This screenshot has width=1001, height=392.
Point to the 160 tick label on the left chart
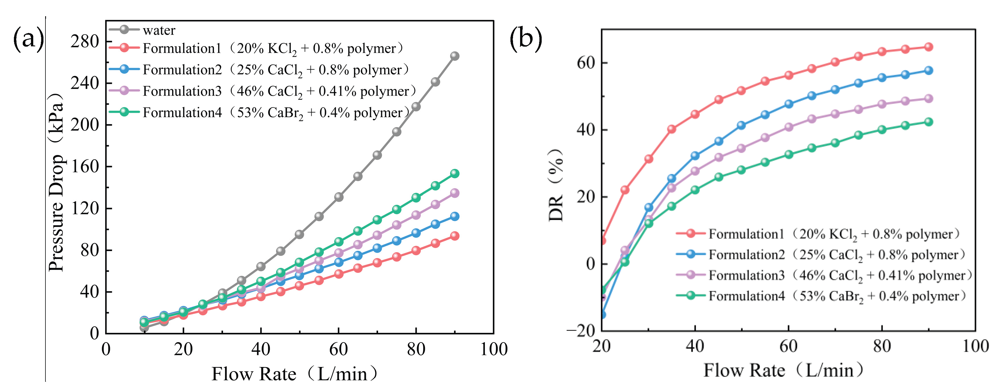tap(85, 167)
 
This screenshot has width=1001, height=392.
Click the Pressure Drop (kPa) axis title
tap(56, 182)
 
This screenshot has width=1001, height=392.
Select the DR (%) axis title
tap(556, 185)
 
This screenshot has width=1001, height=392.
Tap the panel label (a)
tap(28, 39)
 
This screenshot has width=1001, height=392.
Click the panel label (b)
tap(525, 39)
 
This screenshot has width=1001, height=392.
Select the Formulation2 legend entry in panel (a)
tap(259, 70)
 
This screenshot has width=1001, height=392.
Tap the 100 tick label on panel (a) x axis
tap(493, 349)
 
